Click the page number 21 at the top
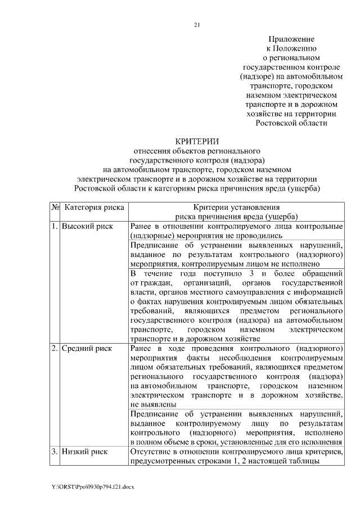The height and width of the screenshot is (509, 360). pos(197,25)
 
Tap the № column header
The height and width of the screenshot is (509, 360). pos(56,207)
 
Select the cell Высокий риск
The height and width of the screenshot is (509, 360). pos(87,226)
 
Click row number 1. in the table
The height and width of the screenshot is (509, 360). pos(55,226)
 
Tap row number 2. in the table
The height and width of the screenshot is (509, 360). pos(55,349)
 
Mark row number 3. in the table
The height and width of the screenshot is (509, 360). pos(55,452)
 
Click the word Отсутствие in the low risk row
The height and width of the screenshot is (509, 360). pos(150,452)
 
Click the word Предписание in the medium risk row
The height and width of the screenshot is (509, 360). pos(154,415)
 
